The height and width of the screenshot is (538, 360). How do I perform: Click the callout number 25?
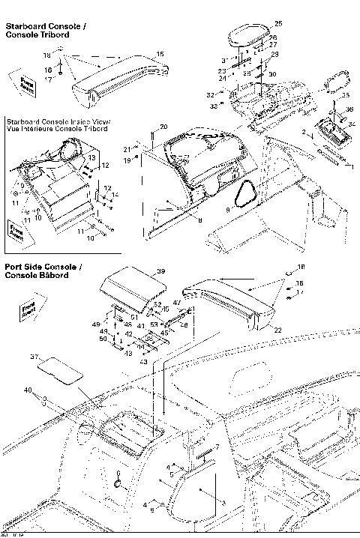click(279, 24)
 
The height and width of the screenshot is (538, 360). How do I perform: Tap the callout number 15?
click(159, 54)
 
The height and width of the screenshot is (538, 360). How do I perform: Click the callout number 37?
click(32, 357)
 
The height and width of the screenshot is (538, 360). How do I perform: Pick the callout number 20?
click(163, 127)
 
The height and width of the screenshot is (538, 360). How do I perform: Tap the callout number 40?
click(28, 390)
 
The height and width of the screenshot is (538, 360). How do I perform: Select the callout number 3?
click(223, 501)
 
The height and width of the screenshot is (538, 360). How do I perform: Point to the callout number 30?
click(273, 74)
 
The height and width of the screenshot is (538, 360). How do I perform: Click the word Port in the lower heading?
click(13, 267)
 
